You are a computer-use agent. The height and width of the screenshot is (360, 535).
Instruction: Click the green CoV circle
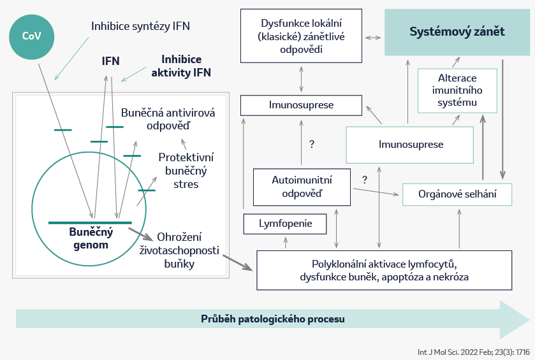pos(31,37)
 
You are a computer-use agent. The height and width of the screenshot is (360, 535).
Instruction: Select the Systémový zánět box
pos(457,32)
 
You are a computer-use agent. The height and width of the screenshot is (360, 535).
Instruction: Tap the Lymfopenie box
pos(285,224)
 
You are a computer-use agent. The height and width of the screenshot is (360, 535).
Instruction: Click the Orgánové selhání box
pos(457,194)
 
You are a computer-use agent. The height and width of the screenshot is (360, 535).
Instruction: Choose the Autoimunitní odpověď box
pos(302,187)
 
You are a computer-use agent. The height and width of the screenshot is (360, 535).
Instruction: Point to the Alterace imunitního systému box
pos(457,90)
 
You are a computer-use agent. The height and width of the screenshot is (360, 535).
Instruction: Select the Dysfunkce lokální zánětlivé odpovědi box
pos(301,36)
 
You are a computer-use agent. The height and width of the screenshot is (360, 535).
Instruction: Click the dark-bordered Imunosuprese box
pos(301,105)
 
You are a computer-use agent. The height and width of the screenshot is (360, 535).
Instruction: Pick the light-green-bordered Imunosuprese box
pos(409,145)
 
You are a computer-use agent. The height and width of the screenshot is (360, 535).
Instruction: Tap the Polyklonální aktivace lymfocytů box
pos(384,270)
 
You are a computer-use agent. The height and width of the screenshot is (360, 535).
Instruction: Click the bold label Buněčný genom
pos(91,238)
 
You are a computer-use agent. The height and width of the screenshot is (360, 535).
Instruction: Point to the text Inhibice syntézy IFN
pos(140,26)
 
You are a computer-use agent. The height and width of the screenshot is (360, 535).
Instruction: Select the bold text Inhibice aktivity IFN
pos(181,66)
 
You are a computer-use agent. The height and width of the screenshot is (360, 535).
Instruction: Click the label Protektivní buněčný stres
pos(186,171)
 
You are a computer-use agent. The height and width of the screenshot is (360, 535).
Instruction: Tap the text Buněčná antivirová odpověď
pos(168,119)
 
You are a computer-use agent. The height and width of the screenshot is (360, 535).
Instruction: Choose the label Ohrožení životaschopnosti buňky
pos(179,250)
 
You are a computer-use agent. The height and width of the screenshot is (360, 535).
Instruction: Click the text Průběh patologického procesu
pos(273,319)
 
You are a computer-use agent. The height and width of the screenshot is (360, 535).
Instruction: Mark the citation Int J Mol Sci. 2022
pos(474,352)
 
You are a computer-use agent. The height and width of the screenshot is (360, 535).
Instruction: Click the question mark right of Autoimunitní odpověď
pos(365,180)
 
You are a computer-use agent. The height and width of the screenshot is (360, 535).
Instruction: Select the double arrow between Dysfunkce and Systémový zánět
pos(373,38)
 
